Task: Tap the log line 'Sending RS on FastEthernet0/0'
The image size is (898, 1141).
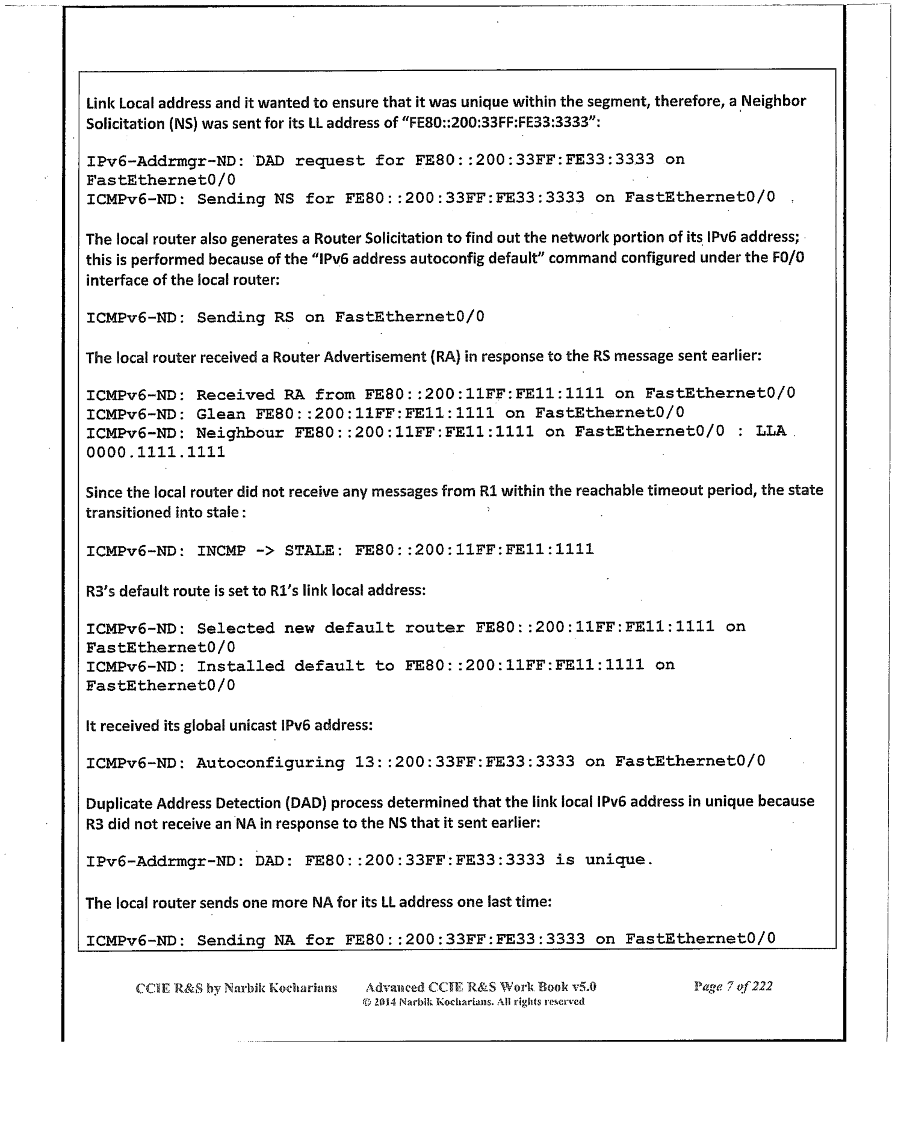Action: tap(285, 317)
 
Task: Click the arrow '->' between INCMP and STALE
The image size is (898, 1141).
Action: tap(265, 549)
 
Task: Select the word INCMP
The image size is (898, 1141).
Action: tap(221, 549)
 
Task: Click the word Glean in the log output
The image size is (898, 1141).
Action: tap(220, 413)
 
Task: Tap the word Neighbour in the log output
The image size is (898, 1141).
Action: tap(240, 433)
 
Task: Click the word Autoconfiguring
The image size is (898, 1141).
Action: tap(270, 762)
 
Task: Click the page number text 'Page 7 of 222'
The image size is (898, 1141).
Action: tap(733, 986)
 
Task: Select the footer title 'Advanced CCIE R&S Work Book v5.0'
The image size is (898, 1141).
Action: tap(481, 986)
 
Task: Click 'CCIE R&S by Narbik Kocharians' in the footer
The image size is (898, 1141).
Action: tap(237, 988)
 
